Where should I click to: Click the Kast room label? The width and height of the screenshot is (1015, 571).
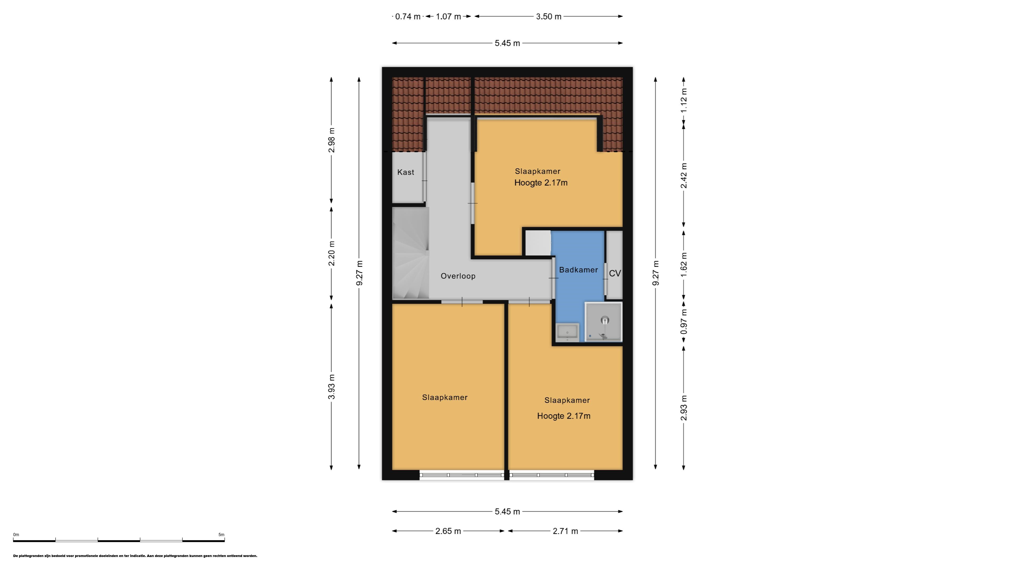405,172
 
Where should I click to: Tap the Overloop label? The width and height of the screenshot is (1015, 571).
458,276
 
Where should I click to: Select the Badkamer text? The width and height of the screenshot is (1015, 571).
578,270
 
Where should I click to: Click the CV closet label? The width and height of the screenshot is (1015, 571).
615,273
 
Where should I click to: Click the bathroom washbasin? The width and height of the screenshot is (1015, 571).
568,332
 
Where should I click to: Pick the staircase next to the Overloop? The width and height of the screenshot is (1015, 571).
410,253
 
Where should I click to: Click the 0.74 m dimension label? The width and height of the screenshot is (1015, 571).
408,17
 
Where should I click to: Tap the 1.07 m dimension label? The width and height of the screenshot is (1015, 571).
448,17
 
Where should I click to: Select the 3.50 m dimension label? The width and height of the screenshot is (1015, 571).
548,17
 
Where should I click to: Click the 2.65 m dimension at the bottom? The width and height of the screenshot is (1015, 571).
448,531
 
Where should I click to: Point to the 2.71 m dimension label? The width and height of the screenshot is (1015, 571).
565,531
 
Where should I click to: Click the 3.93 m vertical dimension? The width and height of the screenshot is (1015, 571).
332,386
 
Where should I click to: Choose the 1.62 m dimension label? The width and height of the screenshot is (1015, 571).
684,264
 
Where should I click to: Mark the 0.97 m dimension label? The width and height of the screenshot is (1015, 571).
684,321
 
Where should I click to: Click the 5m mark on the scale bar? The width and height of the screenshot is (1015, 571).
222,535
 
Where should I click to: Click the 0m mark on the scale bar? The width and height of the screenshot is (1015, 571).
16,535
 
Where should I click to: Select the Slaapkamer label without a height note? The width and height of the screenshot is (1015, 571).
445,398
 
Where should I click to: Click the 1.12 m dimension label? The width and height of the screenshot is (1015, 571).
684,100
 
